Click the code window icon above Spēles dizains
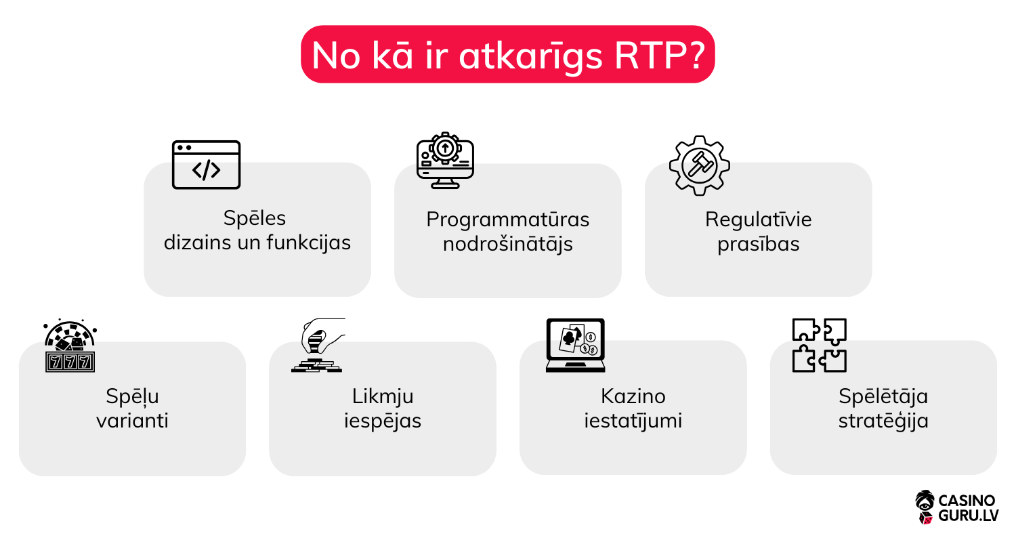206,165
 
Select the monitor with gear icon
444,161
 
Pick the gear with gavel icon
700,165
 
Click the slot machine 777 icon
70,346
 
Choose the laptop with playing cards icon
575,346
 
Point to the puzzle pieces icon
820,346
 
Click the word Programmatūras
507,220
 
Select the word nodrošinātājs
507,244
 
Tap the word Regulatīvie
758,220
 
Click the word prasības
758,244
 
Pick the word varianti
132,421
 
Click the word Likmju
383,396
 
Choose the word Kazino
633,396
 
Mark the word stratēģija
883,421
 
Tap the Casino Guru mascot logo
925,507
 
